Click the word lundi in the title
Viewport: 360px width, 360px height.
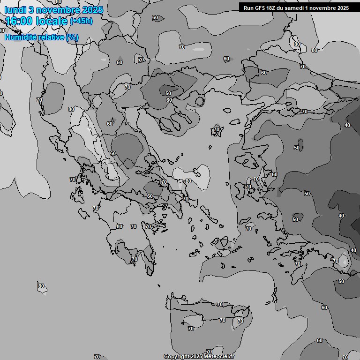pyautogui.click(x=16, y=10)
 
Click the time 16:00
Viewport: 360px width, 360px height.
pyautogui.click(x=19, y=21)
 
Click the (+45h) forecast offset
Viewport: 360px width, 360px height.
pyautogui.click(x=81, y=21)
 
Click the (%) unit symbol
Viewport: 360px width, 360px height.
pyautogui.click(x=72, y=37)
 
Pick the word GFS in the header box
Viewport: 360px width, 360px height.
pyautogui.click(x=260, y=8)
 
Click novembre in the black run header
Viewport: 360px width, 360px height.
pyautogui.click(x=323, y=8)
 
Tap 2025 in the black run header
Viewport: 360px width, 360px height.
pyautogui.click(x=343, y=8)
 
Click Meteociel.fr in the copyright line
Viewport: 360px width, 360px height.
pyautogui.click(x=218, y=357)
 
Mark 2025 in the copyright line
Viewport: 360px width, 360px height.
pyautogui.click(x=195, y=357)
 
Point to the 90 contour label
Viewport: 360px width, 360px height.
pyautogui.click(x=47, y=16)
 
